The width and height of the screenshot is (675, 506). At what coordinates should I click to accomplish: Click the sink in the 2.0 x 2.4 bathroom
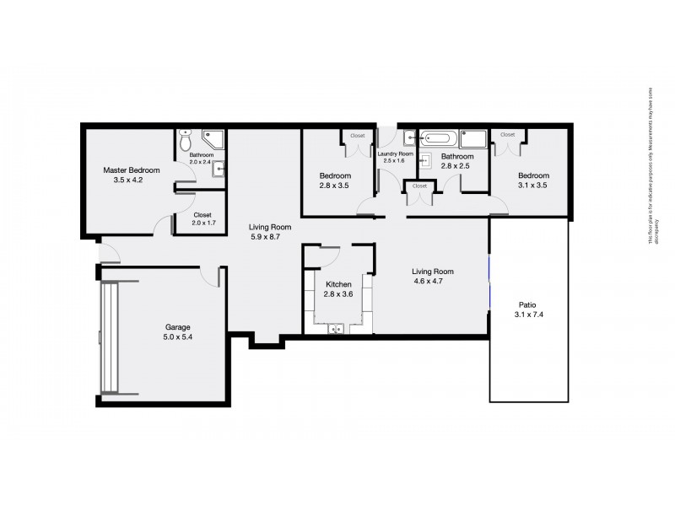pyautogui.click(x=219, y=170)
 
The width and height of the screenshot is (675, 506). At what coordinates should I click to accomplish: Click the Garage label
pyautogui.click(x=175, y=326)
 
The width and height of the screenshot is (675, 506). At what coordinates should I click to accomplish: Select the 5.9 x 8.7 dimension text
pyautogui.click(x=269, y=238)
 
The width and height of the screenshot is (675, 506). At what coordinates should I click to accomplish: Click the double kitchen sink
pyautogui.click(x=337, y=329)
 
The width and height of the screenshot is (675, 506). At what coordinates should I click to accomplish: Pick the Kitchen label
pyautogui.click(x=338, y=284)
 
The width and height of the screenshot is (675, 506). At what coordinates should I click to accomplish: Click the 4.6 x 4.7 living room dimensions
pyautogui.click(x=432, y=283)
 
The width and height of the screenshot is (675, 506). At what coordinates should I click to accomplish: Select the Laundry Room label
pyautogui.click(x=395, y=154)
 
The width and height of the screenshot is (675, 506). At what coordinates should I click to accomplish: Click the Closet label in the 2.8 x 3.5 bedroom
pyautogui.click(x=358, y=135)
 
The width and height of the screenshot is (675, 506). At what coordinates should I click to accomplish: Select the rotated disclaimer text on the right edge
pyautogui.click(x=651, y=169)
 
